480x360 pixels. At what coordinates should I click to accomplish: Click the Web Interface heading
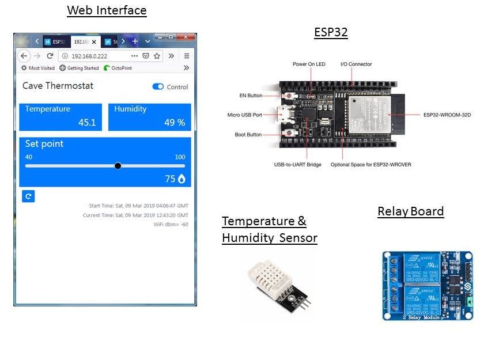[x=107, y=10]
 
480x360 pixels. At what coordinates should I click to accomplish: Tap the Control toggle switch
[x=158, y=87]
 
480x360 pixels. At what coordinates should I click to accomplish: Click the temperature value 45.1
[x=87, y=122]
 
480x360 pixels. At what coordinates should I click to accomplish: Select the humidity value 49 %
[x=174, y=122]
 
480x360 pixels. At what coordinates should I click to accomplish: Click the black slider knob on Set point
[x=118, y=166]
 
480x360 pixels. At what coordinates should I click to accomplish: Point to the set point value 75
[x=170, y=179]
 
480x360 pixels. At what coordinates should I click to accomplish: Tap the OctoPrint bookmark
[x=121, y=68]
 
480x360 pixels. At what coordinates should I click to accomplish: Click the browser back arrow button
[x=24, y=56]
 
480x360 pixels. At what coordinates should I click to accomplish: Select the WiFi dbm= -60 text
[x=171, y=225]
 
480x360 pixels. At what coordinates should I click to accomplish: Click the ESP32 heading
[x=331, y=32]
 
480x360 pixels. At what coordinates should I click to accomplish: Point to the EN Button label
[x=251, y=96]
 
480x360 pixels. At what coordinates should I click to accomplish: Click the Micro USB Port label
[x=244, y=115]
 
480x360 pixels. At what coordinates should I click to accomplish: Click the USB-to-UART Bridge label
[x=297, y=165]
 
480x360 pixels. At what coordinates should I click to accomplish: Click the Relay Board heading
[x=410, y=211]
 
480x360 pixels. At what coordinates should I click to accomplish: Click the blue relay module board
[x=427, y=285]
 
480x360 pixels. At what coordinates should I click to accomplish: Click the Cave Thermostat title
[x=58, y=86]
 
